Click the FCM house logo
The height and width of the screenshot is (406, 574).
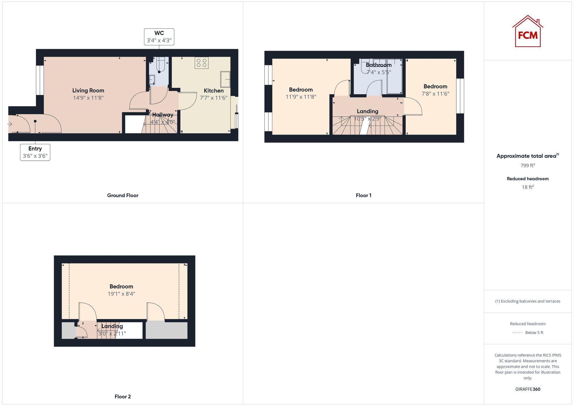click(528, 32)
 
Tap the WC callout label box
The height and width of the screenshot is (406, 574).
click(159, 37)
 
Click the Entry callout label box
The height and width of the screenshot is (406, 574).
click(35, 152)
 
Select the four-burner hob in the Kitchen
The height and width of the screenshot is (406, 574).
click(201, 63)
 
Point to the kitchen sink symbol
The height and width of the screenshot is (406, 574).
click(225, 79)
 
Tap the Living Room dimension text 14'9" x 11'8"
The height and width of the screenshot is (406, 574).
click(88, 98)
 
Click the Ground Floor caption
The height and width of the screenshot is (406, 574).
click(123, 195)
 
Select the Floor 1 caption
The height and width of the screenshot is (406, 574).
click(363, 195)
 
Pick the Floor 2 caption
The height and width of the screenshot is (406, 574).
click(123, 397)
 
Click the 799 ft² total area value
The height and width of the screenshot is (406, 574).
click(528, 166)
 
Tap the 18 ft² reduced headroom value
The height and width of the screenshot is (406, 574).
click(528, 187)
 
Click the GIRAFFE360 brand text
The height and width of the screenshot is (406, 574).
click(528, 389)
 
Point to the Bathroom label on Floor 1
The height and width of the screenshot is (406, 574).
click(379, 65)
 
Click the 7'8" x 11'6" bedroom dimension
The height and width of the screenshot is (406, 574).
click(435, 94)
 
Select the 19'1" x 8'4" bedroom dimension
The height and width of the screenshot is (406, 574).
click(121, 294)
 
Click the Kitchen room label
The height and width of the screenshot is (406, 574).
click(214, 91)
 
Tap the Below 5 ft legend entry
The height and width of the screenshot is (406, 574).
click(534, 333)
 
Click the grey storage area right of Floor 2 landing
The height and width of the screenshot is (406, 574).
click(166, 330)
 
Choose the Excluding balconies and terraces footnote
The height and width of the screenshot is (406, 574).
click(528, 301)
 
